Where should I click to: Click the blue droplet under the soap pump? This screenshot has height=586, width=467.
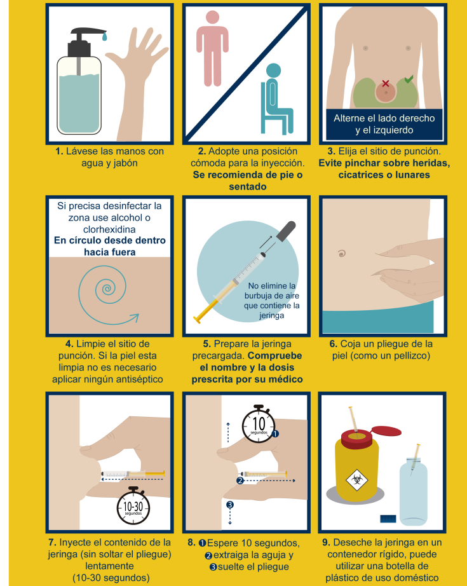(104, 36)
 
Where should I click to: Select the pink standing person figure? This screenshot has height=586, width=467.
(212, 48)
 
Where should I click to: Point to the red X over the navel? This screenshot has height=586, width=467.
(386, 83)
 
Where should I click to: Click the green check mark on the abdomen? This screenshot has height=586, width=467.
(409, 79)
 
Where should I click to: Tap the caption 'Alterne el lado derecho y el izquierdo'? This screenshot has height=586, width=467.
(384, 124)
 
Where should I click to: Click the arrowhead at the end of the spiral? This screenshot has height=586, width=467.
(135, 318)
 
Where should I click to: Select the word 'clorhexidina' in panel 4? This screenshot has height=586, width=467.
(109, 229)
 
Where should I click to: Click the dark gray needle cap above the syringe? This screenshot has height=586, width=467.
(286, 231)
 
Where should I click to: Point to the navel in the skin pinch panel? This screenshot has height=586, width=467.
(341, 254)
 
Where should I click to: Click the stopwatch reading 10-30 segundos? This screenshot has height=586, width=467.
(133, 506)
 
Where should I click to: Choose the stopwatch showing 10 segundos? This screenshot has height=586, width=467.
(259, 424)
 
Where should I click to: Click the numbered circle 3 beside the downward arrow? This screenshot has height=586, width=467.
(230, 505)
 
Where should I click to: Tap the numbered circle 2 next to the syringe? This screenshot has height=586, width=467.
(240, 480)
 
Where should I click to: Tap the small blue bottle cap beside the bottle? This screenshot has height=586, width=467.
(388, 519)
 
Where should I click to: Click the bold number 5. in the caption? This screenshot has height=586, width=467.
(207, 344)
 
